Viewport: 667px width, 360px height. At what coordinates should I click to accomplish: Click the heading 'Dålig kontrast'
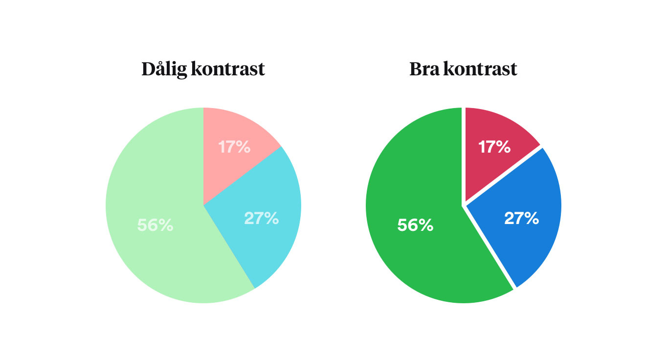coord(203,69)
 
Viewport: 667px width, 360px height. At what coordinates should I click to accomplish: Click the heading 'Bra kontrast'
coord(463,69)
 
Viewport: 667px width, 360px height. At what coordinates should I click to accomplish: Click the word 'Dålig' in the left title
coord(163,69)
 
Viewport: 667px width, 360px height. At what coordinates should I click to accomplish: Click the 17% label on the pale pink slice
coord(234,147)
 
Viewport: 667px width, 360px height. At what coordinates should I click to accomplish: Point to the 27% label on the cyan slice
coord(261,218)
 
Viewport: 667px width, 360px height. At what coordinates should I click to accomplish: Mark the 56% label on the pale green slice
coord(155,225)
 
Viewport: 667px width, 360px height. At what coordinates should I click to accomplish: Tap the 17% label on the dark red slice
coord(494,147)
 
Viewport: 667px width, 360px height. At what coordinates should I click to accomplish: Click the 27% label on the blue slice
coord(521,218)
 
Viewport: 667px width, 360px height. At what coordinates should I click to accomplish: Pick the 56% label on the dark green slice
coord(415,225)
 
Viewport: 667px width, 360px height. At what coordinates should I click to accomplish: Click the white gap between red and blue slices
coord(504,175)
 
